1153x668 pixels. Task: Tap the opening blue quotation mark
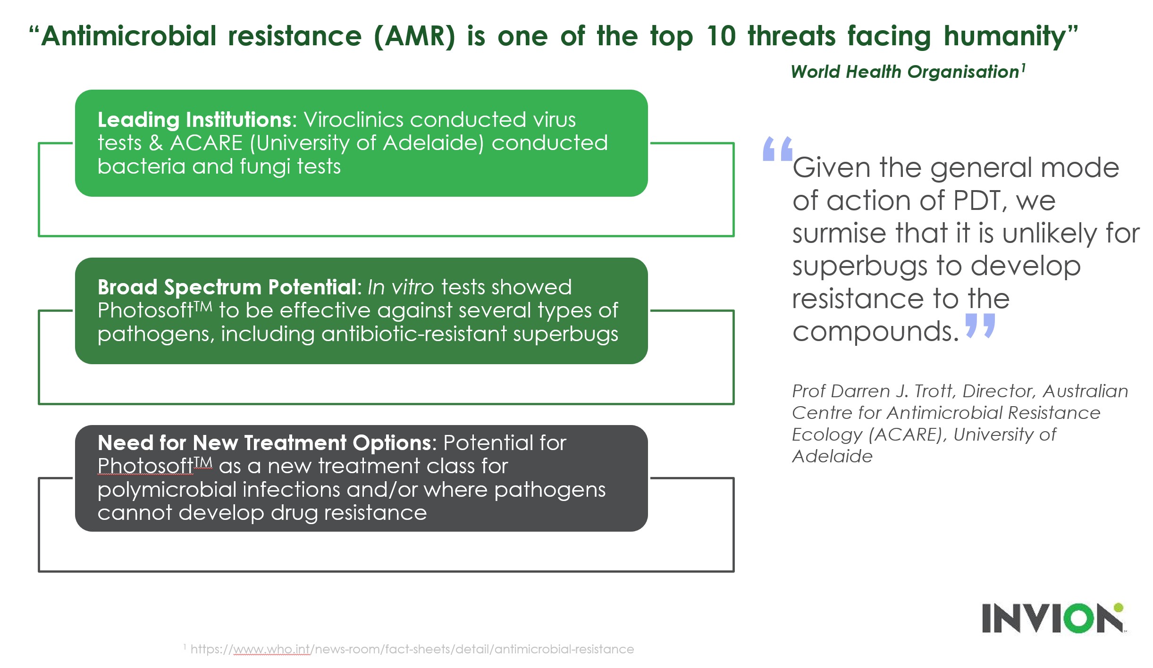[777, 149]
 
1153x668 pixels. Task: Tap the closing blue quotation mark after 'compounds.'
[980, 326]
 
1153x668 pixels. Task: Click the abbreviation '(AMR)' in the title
[414, 36]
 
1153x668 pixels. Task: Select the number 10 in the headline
[721, 36]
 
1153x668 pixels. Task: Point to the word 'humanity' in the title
[1005, 37]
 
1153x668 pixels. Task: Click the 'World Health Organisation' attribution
[905, 72]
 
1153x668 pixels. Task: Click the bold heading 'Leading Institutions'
[194, 120]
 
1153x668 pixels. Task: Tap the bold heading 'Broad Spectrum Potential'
[227, 287]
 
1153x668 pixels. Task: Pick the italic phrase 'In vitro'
[400, 287]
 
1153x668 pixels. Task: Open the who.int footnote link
[412, 650]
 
